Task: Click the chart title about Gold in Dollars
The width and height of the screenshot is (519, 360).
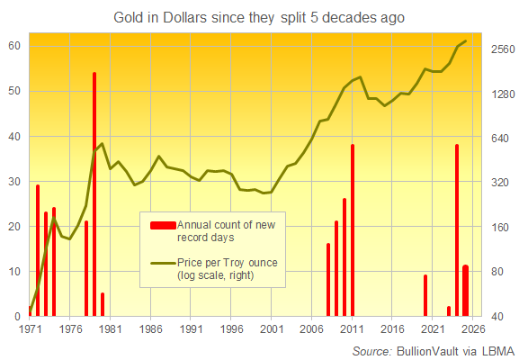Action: point(259,17)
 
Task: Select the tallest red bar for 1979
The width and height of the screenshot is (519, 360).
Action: point(94,193)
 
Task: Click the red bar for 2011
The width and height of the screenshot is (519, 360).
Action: point(353,230)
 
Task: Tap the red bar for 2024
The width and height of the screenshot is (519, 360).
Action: point(457,230)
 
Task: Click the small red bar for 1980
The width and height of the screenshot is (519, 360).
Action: point(103,305)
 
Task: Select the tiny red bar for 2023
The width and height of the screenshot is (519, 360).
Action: point(449,311)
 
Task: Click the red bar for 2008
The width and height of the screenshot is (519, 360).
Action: point(328,280)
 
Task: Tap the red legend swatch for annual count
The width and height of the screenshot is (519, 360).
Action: point(163,225)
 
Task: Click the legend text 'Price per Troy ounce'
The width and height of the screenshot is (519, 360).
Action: point(227,262)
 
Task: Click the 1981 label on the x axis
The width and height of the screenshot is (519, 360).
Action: point(111,329)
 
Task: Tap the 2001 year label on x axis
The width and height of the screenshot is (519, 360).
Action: point(272,329)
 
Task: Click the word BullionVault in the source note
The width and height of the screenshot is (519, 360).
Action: point(432,349)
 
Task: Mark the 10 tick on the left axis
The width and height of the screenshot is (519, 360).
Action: point(14,272)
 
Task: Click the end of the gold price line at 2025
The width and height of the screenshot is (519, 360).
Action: point(465,41)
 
